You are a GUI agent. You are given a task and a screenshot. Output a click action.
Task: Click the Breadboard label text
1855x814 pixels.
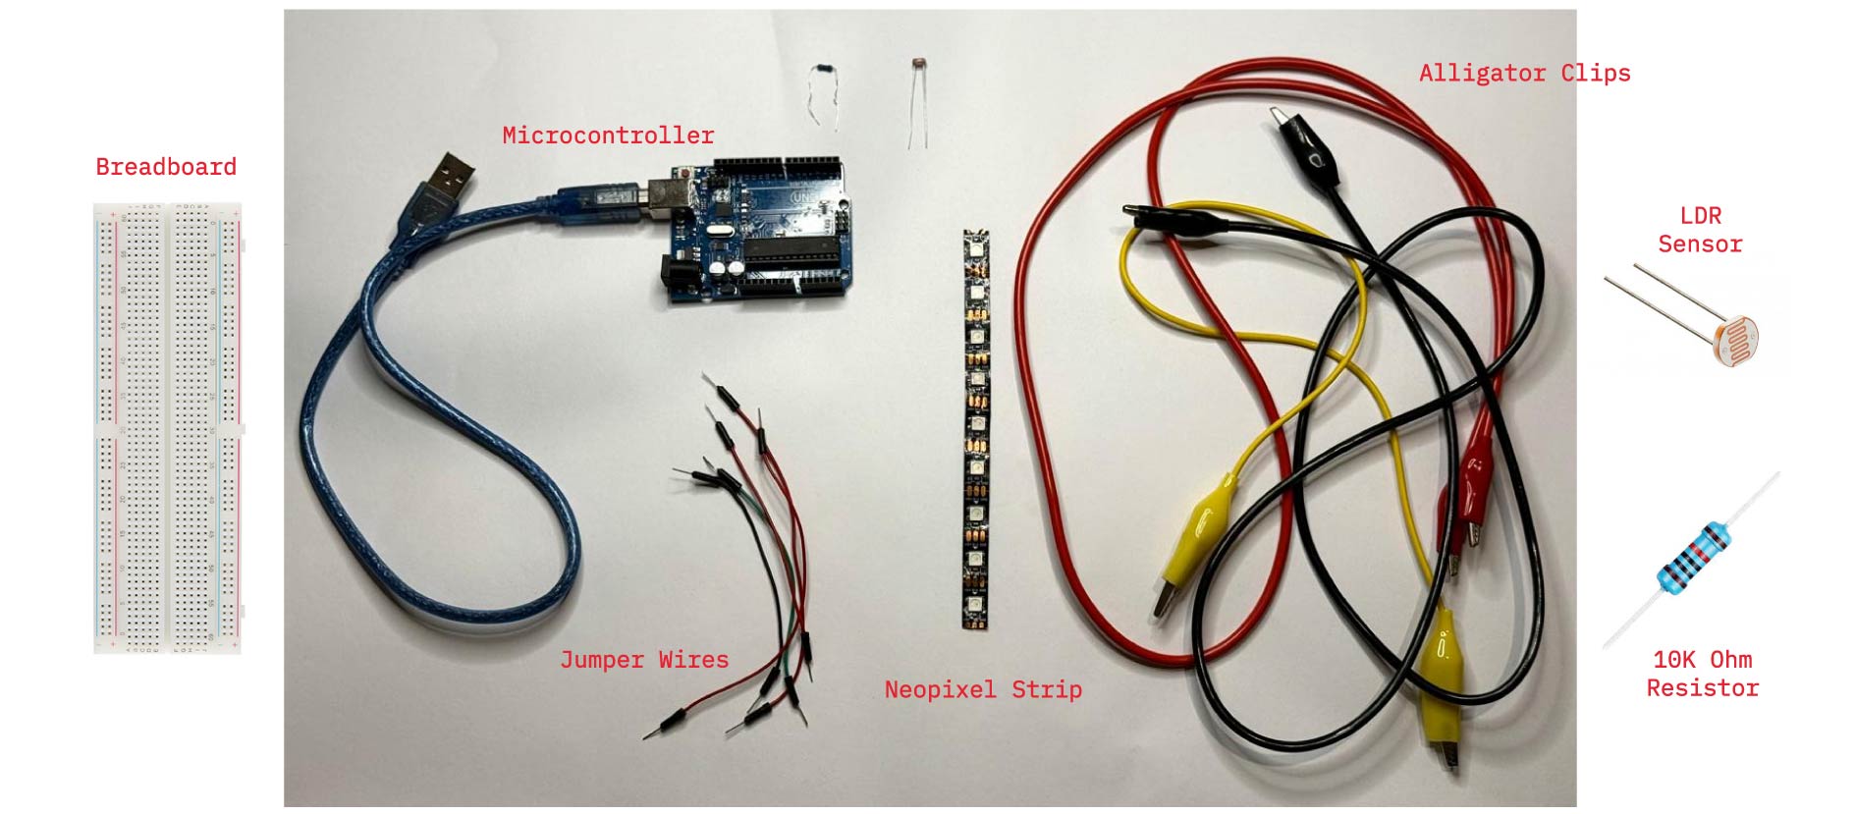166,167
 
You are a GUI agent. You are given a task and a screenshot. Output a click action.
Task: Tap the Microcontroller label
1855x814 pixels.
608,136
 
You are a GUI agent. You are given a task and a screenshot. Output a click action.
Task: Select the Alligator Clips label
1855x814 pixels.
1524,74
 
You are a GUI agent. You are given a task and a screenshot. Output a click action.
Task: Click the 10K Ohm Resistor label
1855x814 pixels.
1702,674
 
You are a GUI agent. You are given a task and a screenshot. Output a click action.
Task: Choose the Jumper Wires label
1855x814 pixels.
644,660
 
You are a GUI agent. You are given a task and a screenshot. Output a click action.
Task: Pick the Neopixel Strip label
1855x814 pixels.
983,689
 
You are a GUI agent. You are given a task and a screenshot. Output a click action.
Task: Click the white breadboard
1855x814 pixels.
167,428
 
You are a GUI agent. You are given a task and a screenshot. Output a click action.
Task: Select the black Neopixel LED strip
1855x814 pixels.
975,429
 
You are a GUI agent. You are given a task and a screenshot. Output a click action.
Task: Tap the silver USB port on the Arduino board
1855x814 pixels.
667,194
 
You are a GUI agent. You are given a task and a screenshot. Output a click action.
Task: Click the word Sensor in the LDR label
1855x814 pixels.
1700,244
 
